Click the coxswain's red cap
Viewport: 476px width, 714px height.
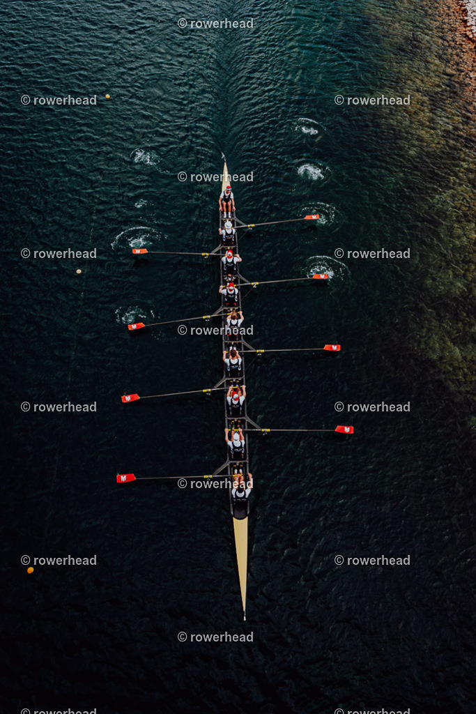(228, 188)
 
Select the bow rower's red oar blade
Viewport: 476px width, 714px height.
(125, 478)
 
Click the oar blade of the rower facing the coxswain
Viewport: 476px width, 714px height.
(312, 218)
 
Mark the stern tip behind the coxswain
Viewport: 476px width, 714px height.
(223, 155)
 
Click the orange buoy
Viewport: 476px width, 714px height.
(30, 570)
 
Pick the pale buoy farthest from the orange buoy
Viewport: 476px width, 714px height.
(108, 96)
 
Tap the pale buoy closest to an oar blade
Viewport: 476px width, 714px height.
(79, 271)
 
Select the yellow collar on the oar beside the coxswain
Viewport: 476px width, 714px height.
(249, 226)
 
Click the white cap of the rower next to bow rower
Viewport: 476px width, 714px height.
(236, 436)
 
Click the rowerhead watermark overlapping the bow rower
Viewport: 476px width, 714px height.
(215, 484)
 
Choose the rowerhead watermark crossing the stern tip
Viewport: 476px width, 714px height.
(215, 176)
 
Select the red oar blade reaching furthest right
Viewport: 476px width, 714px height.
(344, 430)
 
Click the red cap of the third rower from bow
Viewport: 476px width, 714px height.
(236, 396)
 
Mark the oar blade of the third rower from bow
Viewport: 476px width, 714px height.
(130, 398)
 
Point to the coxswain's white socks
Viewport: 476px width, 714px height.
(227, 215)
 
